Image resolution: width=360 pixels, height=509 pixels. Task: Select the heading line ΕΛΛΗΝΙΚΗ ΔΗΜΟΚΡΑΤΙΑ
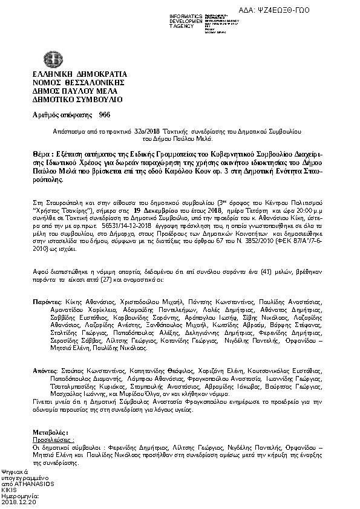click(73, 74)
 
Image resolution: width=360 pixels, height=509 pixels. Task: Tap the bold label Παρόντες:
click(47, 300)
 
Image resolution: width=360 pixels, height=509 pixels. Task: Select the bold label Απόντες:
click(45, 369)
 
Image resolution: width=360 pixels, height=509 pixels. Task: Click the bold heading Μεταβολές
click(50, 433)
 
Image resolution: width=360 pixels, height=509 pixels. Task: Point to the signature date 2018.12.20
click(19, 502)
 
